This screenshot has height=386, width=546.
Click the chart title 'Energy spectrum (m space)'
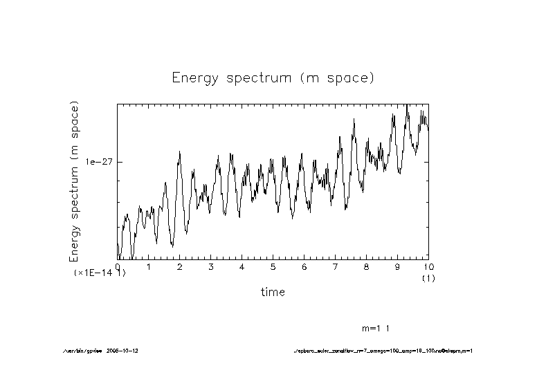273,78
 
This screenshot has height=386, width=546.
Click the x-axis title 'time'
273,292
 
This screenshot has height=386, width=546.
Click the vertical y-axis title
74,181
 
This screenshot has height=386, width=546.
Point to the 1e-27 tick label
99,161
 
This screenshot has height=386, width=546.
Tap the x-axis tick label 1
148,267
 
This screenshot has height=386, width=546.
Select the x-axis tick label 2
179,267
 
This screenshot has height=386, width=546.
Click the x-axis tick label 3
210,267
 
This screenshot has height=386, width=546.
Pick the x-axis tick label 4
242,267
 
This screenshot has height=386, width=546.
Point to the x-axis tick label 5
273,267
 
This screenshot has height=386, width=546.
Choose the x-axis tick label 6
304,267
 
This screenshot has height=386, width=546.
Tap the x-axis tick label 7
335,267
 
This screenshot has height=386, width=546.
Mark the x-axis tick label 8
366,267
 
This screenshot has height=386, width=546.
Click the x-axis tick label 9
397,267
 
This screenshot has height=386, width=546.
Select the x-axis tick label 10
428,267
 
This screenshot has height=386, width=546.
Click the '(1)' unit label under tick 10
428,277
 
